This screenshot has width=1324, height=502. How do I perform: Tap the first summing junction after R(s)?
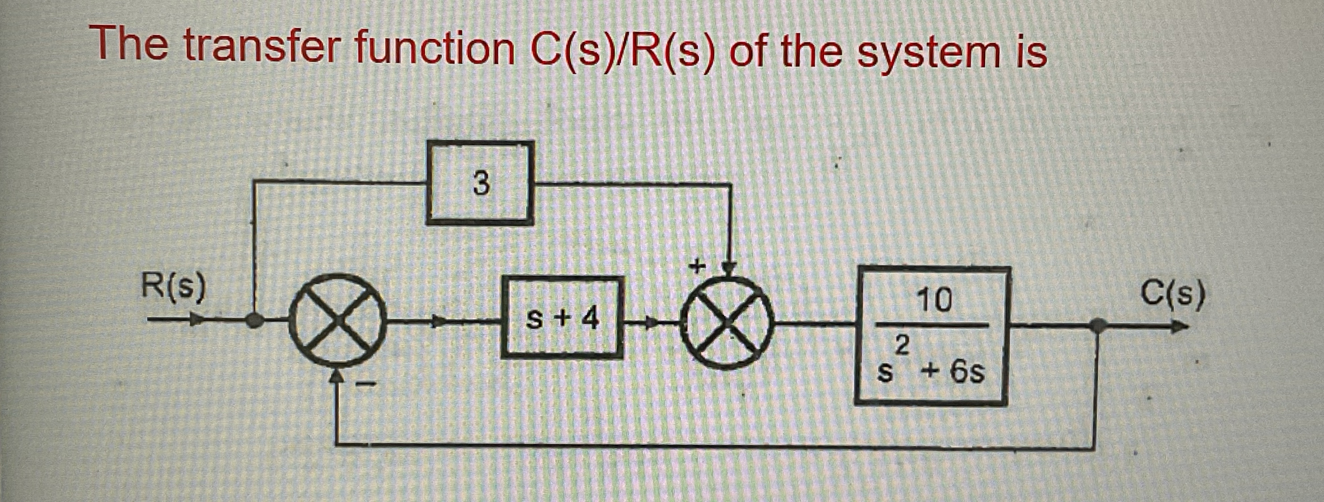(337, 321)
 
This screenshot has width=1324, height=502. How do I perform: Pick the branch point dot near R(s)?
(253, 321)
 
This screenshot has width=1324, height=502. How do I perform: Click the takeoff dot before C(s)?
(1098, 325)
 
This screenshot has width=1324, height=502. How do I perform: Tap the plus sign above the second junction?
(697, 267)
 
